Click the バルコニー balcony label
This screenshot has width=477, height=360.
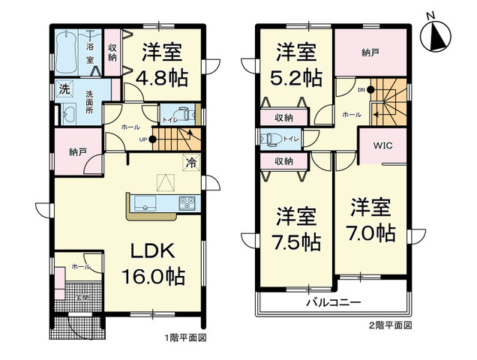click(x=333, y=303)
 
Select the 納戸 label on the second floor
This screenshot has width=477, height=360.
click(x=369, y=52)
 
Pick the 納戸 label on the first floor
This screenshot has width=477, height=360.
click(x=78, y=152)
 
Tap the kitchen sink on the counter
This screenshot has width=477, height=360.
click(x=145, y=203)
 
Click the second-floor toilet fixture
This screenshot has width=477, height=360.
click(x=269, y=138)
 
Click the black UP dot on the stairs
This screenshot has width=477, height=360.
click(x=152, y=139)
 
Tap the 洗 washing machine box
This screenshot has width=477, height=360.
click(x=64, y=89)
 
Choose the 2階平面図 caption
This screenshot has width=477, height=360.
click(x=390, y=326)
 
